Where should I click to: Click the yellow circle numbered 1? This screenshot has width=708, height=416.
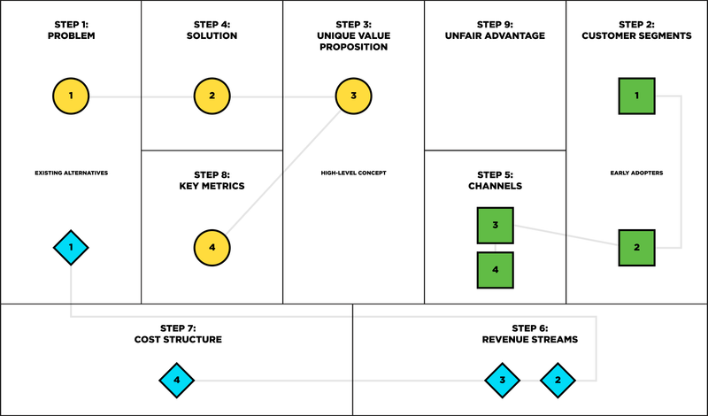pyautogui.click(x=71, y=96)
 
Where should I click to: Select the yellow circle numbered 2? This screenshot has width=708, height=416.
pyautogui.click(x=212, y=96)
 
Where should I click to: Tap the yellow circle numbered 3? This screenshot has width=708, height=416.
pyautogui.click(x=353, y=96)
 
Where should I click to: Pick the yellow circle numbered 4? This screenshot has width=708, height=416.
pyautogui.click(x=212, y=248)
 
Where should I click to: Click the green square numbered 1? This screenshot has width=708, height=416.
pyautogui.click(x=636, y=96)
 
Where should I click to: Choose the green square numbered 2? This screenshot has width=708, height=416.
pyautogui.click(x=636, y=248)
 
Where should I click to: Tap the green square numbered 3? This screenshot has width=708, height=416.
pyautogui.click(x=496, y=226)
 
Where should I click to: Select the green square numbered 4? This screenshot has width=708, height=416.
pyautogui.click(x=496, y=270)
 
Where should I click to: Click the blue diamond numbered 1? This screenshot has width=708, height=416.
pyautogui.click(x=71, y=248)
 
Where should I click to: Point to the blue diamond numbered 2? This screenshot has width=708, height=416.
pyautogui.click(x=558, y=381)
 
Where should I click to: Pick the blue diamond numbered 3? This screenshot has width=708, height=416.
pyautogui.click(x=503, y=381)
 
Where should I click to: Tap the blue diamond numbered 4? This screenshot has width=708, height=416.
pyautogui.click(x=177, y=381)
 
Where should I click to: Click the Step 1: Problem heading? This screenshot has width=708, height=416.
pyautogui.click(x=72, y=30)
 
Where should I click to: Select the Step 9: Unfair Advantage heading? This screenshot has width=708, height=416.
pyautogui.click(x=495, y=30)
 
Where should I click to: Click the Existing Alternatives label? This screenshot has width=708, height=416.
pyautogui.click(x=72, y=173)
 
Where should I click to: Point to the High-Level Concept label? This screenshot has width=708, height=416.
pyautogui.click(x=353, y=173)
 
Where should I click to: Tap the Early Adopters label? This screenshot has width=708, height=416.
pyautogui.click(x=636, y=173)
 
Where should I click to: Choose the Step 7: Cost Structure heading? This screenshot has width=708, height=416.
pyautogui.click(x=178, y=335)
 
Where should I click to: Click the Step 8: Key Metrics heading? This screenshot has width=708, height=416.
pyautogui.click(x=212, y=181)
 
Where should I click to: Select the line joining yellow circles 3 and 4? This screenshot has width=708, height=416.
pyautogui.click(x=283, y=172)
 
